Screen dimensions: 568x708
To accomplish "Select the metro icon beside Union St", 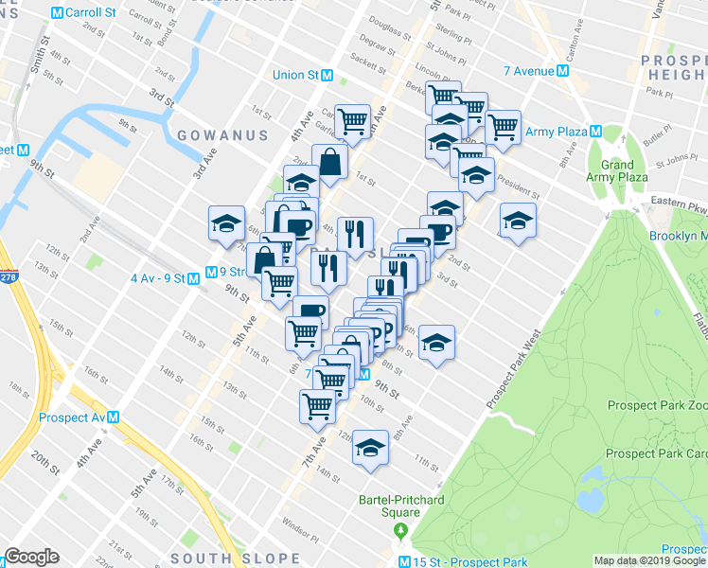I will click(327, 75).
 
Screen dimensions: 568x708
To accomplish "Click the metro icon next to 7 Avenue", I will click(562, 70).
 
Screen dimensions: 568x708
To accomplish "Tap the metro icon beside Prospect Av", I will click(113, 417).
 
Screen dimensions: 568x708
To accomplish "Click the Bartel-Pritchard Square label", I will click(401, 506).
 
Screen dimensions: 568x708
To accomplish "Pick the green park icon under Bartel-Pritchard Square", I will click(401, 528).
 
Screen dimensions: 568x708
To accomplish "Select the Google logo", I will click(31, 557).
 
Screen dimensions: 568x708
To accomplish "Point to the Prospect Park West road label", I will click(512, 370).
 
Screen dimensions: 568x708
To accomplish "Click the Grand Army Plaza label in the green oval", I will click(617, 170).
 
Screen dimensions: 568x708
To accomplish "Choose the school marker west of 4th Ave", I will click(227, 223).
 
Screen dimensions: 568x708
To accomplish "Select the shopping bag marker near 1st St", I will click(331, 162).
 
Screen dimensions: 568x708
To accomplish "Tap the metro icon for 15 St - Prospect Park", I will click(404, 562).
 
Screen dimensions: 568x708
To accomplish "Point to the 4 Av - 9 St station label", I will click(156, 277).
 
